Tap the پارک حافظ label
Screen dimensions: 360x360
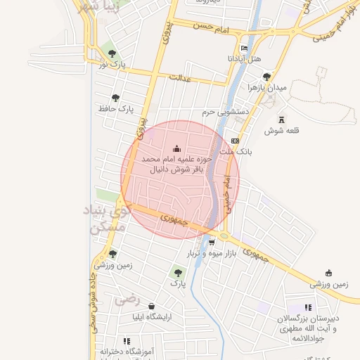pyautogui.click(x=116, y=108)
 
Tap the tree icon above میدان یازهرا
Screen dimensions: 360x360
pyautogui.click(x=266, y=77)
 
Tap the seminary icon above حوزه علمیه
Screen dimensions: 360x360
pyautogui.click(x=176, y=148)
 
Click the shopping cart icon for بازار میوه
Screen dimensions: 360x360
pyautogui.click(x=212, y=242)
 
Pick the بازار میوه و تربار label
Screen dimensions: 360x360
pyautogui.click(x=209, y=253)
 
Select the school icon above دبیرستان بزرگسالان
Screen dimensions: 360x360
pyautogui.click(x=308, y=307)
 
